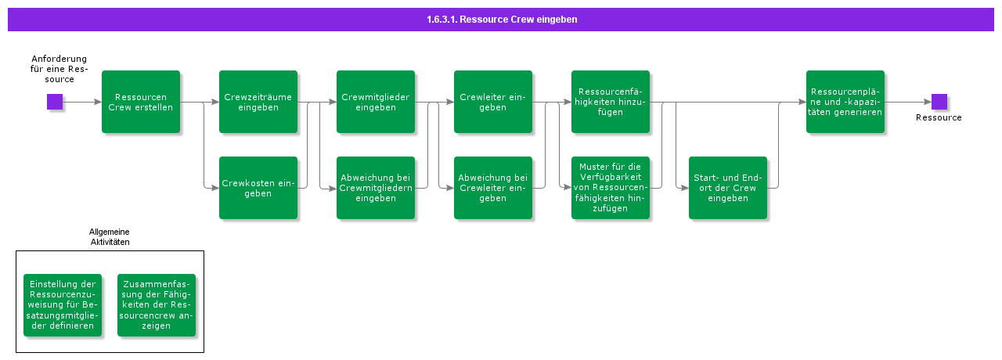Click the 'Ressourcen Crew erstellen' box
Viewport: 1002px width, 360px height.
[141, 102]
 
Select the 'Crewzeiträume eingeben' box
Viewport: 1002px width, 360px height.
[258, 102]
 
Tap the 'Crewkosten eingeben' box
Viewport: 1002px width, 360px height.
[258, 188]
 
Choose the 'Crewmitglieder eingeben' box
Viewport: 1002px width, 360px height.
[376, 102]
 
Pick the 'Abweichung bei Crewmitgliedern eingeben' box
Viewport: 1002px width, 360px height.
[376, 188]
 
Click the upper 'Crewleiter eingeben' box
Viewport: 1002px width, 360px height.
[493, 102]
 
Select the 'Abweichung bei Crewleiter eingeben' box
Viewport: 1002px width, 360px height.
[493, 188]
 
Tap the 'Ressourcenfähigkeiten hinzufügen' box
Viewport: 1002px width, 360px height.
[611, 102]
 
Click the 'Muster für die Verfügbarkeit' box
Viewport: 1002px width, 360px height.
[611, 188]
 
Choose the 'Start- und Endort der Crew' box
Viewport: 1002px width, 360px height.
[728, 188]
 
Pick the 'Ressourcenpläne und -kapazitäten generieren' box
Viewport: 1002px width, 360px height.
[845, 102]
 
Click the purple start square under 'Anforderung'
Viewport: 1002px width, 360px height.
[55, 102]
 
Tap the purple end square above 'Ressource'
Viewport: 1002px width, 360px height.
[939, 102]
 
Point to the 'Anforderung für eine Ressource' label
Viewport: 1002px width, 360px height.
[59, 69]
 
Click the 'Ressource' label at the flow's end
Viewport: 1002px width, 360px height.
[939, 117]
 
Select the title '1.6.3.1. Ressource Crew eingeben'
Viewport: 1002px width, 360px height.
[502, 20]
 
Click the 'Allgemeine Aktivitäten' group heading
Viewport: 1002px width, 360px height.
[110, 237]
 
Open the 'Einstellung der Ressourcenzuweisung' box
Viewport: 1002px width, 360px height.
[63, 305]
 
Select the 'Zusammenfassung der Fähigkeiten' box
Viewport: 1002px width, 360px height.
[157, 305]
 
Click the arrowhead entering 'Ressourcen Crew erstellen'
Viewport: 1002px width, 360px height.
[97, 102]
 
